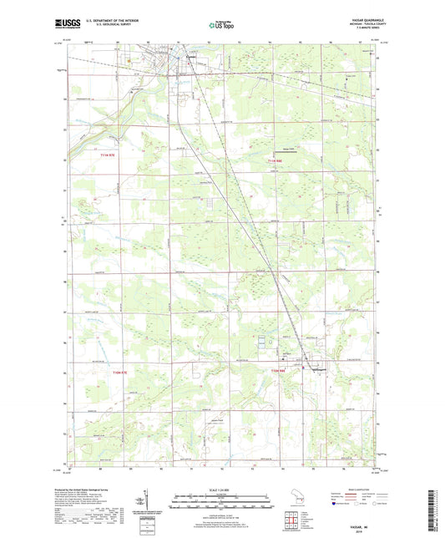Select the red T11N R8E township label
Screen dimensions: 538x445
[x=277, y=160]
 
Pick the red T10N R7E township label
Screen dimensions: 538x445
[x=98, y=374]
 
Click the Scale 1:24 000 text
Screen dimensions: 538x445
[x=221, y=490]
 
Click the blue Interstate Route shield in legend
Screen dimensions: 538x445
[x=335, y=504]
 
